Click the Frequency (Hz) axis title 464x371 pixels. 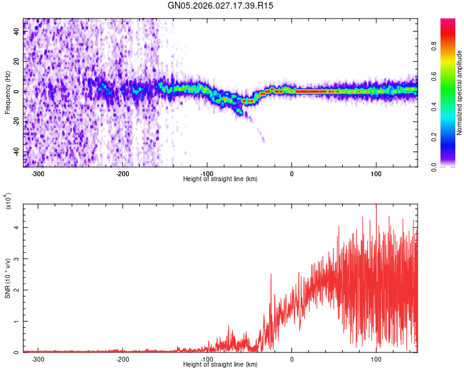7,93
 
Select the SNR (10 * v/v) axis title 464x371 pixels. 7,278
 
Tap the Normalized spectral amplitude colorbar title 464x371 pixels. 460,93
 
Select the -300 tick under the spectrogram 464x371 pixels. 38,174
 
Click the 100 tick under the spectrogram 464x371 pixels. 376,174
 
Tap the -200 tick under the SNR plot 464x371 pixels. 122,359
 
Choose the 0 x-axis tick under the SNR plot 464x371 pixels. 292,359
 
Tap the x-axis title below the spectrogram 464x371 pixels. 220,179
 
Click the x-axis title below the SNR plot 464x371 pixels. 220,365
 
